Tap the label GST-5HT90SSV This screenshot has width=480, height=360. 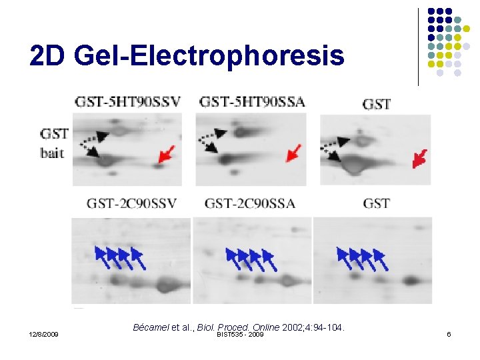127,102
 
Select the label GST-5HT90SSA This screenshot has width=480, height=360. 253,102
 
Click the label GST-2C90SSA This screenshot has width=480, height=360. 250,203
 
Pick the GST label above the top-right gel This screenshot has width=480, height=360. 377,104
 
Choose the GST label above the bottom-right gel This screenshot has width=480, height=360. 377,203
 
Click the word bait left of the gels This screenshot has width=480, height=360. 52,153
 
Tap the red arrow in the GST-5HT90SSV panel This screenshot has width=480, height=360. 167,155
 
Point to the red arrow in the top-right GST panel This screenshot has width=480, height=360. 420,159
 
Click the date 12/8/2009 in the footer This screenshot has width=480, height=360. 44,334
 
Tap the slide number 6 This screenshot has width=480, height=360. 449,334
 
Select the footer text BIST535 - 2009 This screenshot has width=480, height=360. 240,334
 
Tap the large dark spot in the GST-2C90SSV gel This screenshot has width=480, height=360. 163,287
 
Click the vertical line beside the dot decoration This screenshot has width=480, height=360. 419,47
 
